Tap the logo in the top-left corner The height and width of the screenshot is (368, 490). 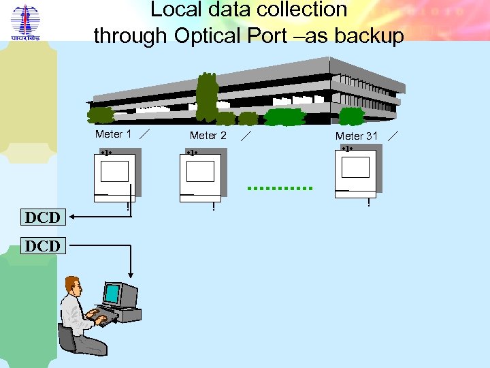[25, 25]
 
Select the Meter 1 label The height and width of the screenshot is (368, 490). [114, 134]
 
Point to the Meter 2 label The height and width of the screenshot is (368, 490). [208, 136]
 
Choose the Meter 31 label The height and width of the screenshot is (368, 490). [356, 136]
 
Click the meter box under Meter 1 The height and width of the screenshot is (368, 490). [115, 175]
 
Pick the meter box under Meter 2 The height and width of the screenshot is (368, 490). [201, 175]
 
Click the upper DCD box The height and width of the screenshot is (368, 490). [42, 217]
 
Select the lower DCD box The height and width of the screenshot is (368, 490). [42, 245]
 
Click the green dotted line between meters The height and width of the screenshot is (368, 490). [280, 187]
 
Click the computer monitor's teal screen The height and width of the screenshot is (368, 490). [112, 294]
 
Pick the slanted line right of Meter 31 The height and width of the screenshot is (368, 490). [393, 135]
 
